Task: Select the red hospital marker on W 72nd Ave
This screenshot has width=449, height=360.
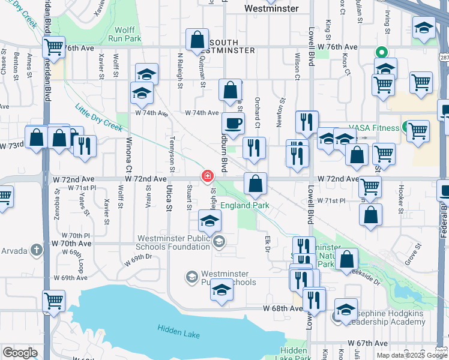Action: coord(207,176)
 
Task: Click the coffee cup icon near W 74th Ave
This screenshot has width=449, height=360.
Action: coord(234,124)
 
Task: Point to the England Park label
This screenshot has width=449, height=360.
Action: coord(245,205)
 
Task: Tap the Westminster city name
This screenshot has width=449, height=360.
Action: coord(272,8)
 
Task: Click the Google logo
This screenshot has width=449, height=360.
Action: coord(19,353)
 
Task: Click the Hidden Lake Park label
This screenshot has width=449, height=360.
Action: coord(294,355)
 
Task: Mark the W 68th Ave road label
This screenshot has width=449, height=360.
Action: coord(282,308)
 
